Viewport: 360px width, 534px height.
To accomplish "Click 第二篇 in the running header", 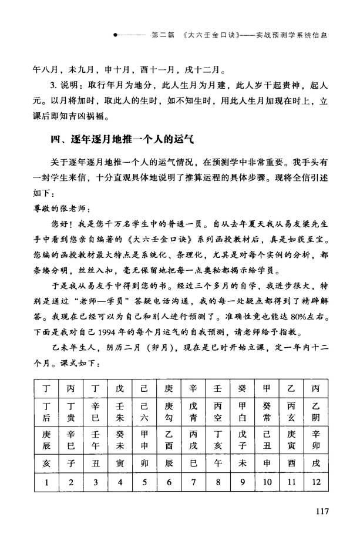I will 163,35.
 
